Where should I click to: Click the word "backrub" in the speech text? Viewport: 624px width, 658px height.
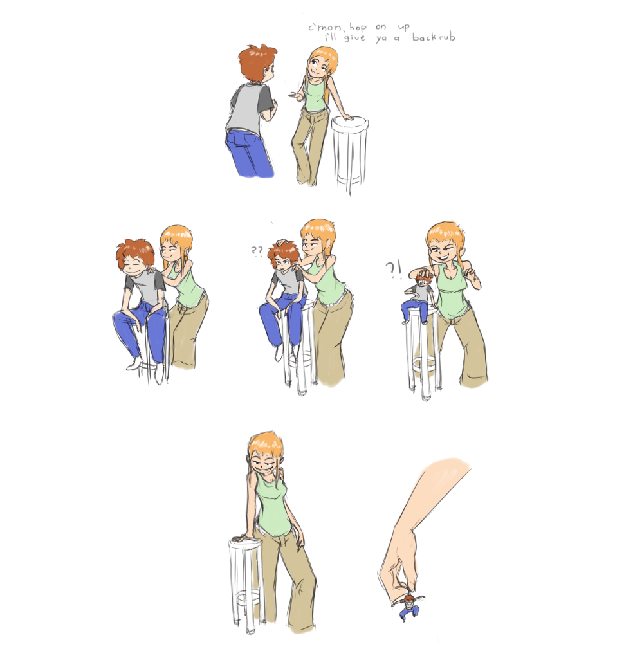pyautogui.click(x=434, y=37)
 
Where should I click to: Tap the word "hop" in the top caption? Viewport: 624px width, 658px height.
pyautogui.click(x=358, y=28)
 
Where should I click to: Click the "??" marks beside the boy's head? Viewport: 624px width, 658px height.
pyautogui.click(x=257, y=251)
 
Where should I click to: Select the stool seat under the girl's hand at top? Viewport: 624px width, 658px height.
pyautogui.click(x=350, y=123)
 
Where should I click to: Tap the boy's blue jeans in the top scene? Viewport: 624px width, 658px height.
pyautogui.click(x=248, y=153)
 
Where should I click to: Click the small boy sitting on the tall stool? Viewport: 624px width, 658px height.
pyautogui.click(x=417, y=297)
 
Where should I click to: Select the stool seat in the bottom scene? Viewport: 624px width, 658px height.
pyautogui.click(x=245, y=544)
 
